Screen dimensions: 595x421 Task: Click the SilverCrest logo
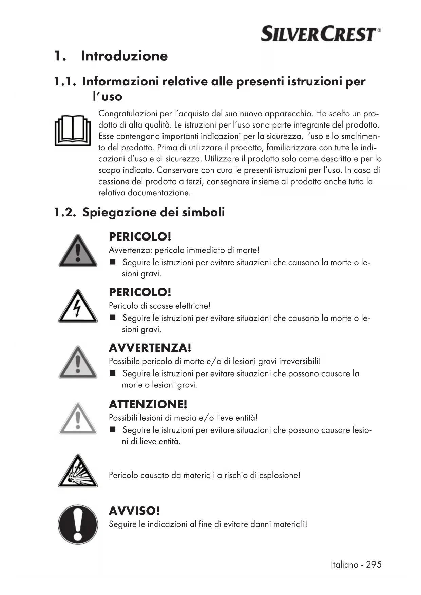click(x=321, y=34)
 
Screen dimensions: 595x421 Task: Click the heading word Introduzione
click(x=124, y=56)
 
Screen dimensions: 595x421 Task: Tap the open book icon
click(x=73, y=131)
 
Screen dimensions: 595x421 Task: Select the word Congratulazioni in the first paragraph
click(x=128, y=114)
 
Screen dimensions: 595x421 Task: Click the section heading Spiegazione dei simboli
click(x=153, y=212)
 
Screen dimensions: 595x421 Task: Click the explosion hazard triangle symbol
click(x=78, y=472)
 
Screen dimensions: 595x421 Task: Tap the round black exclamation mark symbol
click(x=78, y=524)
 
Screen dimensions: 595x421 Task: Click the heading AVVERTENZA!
click(x=150, y=348)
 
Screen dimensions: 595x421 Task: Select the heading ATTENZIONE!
click(x=148, y=404)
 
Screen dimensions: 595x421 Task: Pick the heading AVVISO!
click(x=134, y=511)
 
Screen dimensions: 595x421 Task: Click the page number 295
click(x=374, y=565)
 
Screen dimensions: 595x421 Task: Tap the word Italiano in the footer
click(x=345, y=565)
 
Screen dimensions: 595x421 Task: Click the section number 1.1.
click(x=64, y=82)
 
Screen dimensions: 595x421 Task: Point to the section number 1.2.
click(x=64, y=213)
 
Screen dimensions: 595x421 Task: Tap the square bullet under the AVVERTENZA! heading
click(x=113, y=373)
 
